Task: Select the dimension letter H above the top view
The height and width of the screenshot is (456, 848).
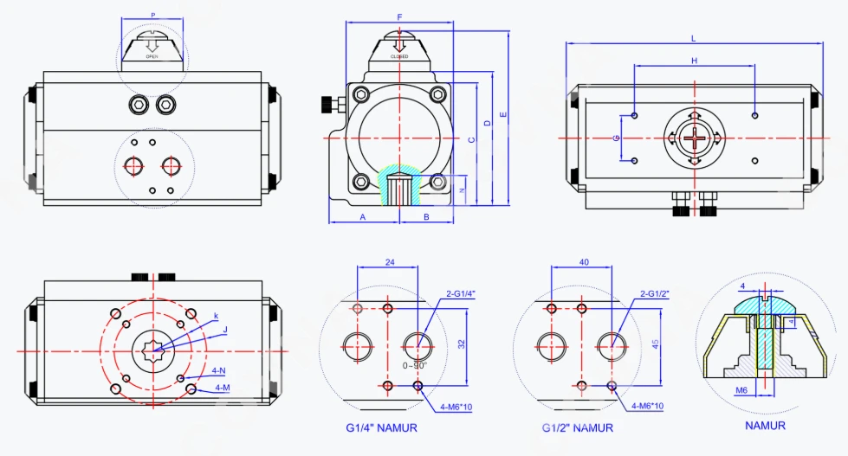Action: pos(694,61)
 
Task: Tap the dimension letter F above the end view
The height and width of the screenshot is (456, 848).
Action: pos(399,17)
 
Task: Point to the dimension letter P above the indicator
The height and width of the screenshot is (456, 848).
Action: pos(153,15)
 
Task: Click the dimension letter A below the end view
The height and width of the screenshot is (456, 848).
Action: pos(363,216)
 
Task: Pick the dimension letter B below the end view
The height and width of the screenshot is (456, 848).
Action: pos(426,216)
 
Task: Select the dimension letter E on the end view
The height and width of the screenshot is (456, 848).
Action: pos(503,114)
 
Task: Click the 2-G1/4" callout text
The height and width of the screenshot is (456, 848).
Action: pos(461,294)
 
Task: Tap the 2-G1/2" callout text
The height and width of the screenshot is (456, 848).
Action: pos(656,294)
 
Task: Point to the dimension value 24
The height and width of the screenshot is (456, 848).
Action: pos(389,261)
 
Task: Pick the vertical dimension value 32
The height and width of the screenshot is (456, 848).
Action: pos(462,344)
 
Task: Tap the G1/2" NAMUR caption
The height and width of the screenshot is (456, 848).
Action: pos(578,427)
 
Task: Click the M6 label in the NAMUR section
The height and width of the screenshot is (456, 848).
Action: pos(741,390)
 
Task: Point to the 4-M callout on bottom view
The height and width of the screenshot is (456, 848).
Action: pos(223,388)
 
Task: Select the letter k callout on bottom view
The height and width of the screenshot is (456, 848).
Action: pos(216,313)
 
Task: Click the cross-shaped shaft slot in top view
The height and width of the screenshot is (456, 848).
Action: pos(694,138)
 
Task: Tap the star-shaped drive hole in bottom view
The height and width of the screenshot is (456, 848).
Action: pos(153,349)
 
